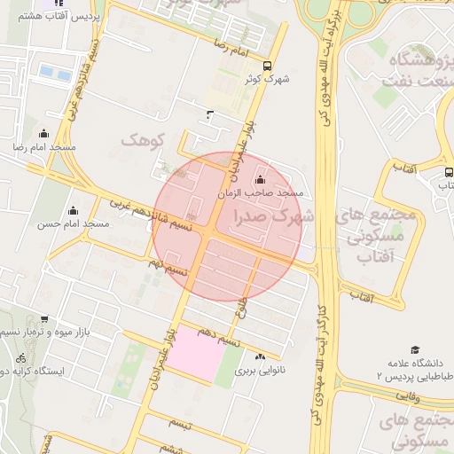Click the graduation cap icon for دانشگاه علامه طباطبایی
click(x=414, y=351)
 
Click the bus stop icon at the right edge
click(x=448, y=173)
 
